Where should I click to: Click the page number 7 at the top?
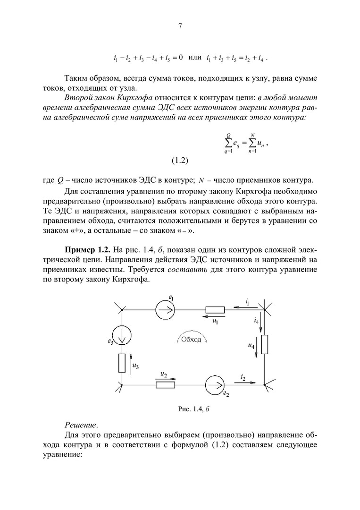point(180,26)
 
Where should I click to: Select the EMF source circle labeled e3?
point(122,336)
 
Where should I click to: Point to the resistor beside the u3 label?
point(122,362)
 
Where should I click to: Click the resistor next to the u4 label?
point(265,344)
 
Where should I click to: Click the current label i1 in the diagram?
point(247,301)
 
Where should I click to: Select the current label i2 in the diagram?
point(243,376)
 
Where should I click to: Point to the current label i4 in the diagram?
point(256,321)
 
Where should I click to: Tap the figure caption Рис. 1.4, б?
point(193,408)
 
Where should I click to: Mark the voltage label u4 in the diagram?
point(251,346)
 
